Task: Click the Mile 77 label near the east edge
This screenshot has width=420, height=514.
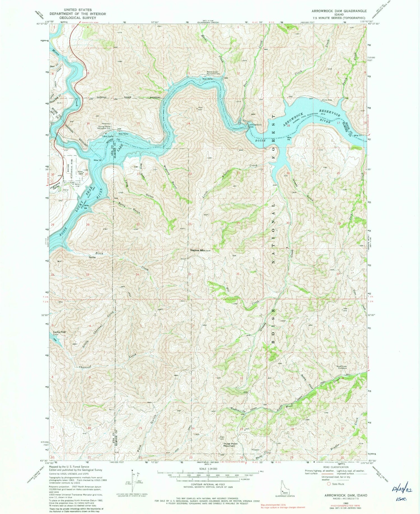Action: [x=358, y=136]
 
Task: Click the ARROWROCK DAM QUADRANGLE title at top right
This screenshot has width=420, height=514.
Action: [x=339, y=11]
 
